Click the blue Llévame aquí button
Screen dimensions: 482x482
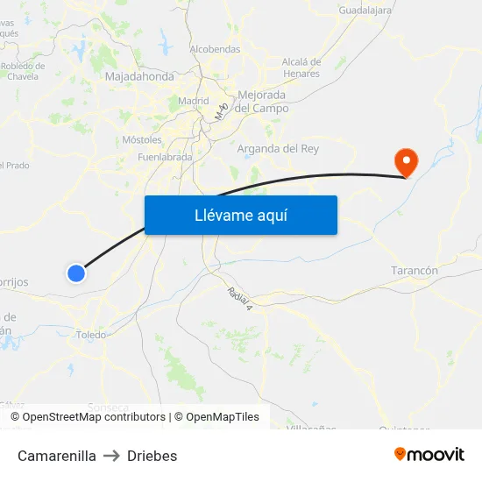[x=240, y=215]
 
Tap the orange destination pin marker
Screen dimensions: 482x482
[x=406, y=161]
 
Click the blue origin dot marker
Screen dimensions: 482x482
[x=76, y=273]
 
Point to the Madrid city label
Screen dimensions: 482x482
[x=193, y=101]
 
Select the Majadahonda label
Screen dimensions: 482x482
[x=139, y=77]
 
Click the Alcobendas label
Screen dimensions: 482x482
[x=215, y=49]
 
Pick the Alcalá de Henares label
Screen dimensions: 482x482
[x=301, y=67]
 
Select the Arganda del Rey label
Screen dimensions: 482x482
[x=278, y=149]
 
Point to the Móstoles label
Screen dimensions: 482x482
[x=142, y=139]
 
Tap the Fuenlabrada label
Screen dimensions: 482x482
[x=165, y=157]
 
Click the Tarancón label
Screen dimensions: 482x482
[x=415, y=271]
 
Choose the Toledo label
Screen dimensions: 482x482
[x=91, y=335]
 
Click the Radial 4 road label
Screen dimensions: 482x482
[x=239, y=299]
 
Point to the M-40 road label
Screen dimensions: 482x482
[x=221, y=110]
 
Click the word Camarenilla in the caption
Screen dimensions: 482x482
[x=57, y=456]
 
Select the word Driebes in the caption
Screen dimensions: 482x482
[x=152, y=456]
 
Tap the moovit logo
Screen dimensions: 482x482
[x=429, y=454]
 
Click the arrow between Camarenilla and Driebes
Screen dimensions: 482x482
[x=111, y=456]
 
